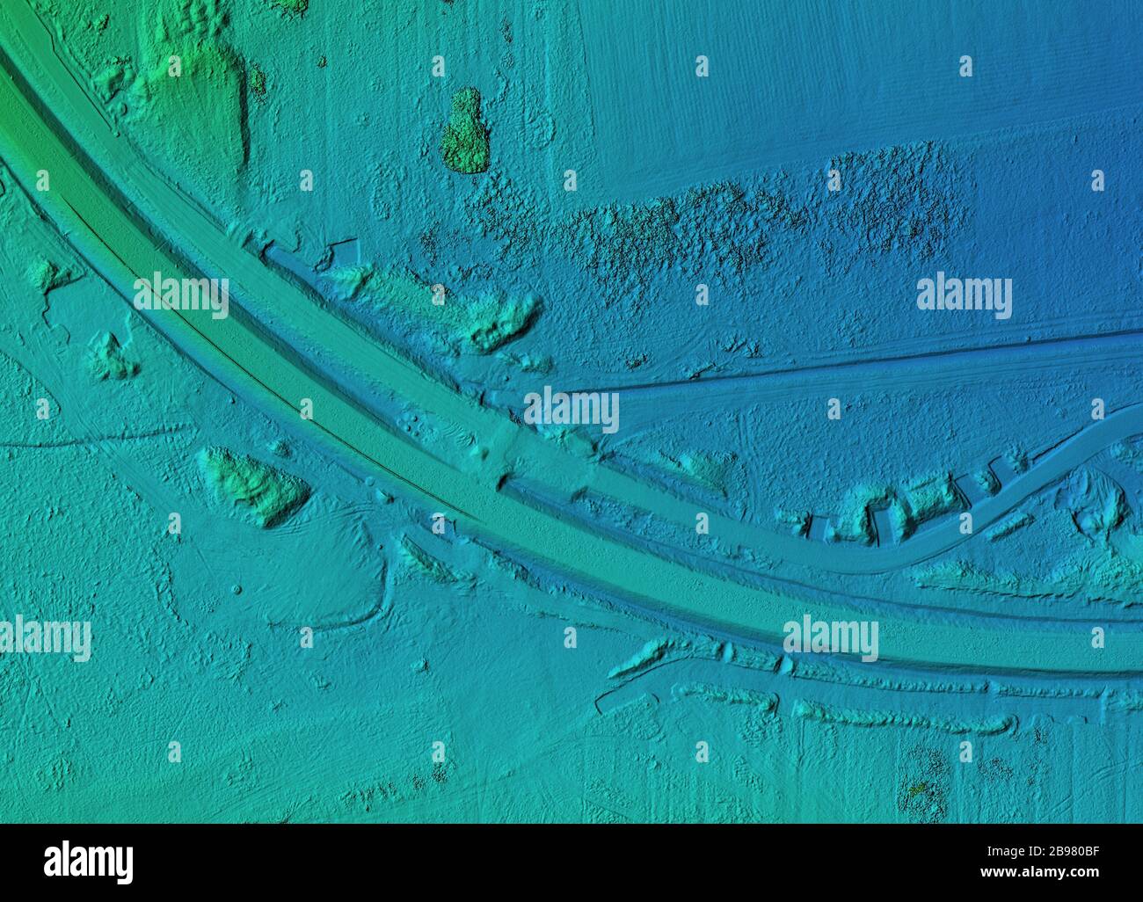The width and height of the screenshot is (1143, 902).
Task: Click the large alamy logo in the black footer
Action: [89, 862]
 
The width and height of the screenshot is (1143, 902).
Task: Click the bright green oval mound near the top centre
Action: [464, 132]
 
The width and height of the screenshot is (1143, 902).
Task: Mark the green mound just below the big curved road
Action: [255, 486]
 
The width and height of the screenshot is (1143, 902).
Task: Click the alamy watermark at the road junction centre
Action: [571, 410]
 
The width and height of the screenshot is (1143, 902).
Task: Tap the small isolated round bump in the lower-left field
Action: [236, 588]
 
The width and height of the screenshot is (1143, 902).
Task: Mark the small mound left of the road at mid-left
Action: [110, 356]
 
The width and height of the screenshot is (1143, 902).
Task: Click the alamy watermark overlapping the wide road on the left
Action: [181, 295]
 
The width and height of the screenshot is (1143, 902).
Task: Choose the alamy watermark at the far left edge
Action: [44, 638]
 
